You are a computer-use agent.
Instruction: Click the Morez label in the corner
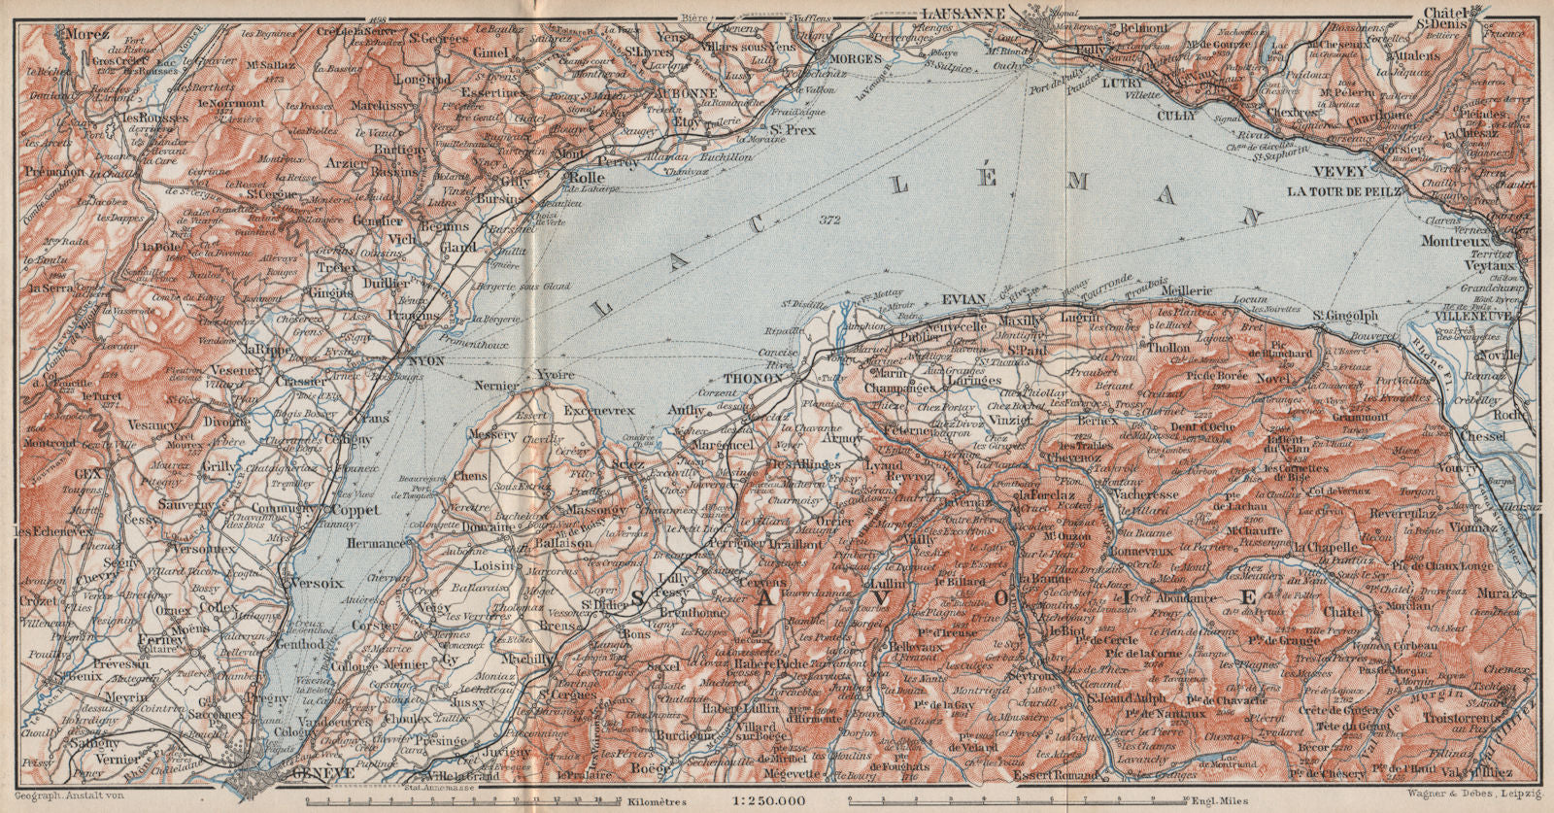(x=84, y=32)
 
